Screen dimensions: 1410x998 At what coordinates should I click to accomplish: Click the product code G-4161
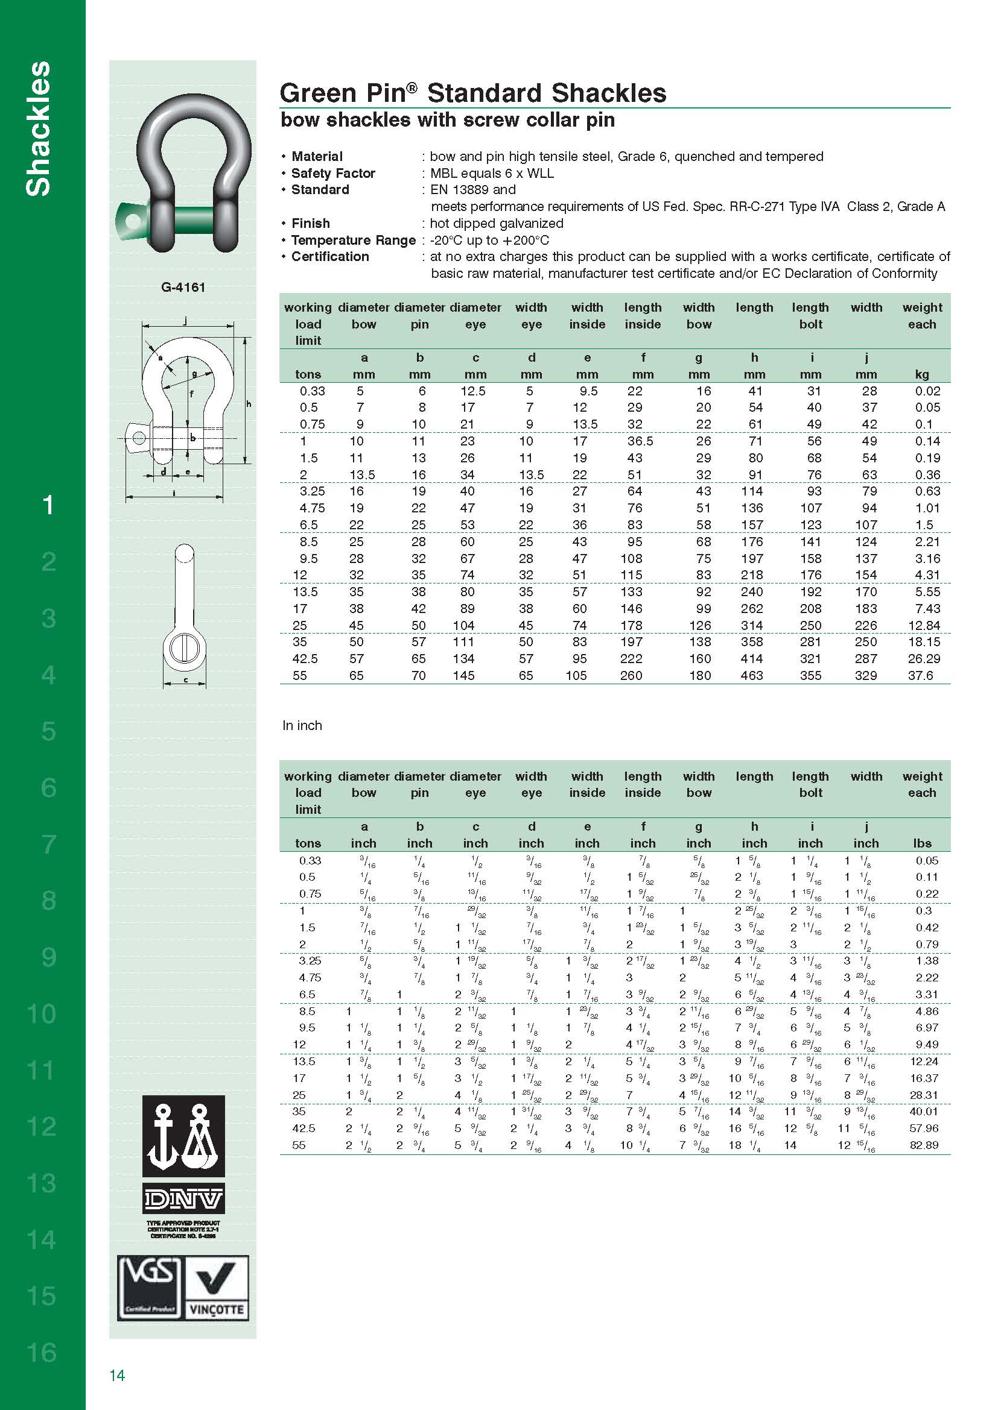(183, 287)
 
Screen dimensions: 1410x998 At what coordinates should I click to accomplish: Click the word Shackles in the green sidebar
(38, 129)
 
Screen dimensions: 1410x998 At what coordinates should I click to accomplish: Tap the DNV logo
(183, 1198)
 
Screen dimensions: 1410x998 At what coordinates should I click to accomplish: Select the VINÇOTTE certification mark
(217, 1288)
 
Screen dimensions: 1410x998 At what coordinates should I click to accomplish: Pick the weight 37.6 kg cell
(921, 676)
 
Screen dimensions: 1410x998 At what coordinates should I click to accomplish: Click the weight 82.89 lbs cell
(924, 1145)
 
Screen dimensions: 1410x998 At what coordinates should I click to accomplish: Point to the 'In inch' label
(302, 725)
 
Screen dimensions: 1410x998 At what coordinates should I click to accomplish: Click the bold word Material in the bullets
(317, 156)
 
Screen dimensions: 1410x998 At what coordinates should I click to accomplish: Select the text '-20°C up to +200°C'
(489, 240)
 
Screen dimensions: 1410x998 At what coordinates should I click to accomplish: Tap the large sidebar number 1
(48, 505)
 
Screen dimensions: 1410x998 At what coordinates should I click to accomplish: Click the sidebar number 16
(42, 1352)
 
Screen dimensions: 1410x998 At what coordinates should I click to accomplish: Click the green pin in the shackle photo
(185, 218)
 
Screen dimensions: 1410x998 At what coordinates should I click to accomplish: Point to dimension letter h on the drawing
(249, 404)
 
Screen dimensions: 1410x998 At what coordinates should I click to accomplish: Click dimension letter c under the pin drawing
(186, 679)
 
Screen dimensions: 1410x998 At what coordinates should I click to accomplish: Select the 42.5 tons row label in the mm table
(305, 659)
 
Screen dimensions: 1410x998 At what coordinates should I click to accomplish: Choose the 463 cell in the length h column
(752, 676)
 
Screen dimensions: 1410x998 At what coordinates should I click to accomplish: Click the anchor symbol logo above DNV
(183, 1137)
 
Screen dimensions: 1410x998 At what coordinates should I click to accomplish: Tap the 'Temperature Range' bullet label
(353, 240)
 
